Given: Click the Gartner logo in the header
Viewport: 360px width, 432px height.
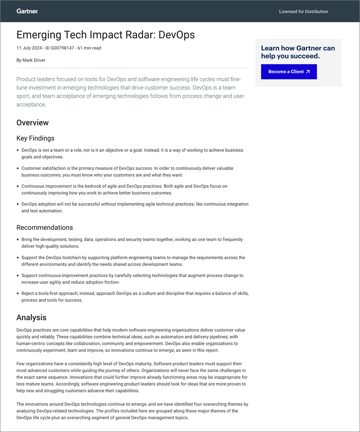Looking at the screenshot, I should (27, 11).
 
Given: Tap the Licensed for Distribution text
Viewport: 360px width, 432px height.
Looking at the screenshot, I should (303, 12).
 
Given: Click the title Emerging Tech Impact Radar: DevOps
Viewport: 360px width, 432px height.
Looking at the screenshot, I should (106, 35).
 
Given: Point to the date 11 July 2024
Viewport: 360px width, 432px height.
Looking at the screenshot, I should (30, 48).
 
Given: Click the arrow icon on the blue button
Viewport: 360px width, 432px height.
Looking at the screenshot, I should (308, 72).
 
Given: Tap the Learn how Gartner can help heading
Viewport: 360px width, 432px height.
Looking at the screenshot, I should (298, 52).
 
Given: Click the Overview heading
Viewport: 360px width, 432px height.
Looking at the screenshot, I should (32, 123).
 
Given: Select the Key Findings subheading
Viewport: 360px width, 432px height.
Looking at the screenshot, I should (35, 138).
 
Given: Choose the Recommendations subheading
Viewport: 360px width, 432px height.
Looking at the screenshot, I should (44, 227).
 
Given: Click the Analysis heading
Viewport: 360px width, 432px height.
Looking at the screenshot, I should (31, 318).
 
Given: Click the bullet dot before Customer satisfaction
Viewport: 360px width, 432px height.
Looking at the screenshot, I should (18, 168).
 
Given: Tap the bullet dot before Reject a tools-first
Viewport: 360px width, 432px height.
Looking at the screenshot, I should (18, 293).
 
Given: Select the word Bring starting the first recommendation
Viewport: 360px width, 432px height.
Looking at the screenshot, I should (27, 239).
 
